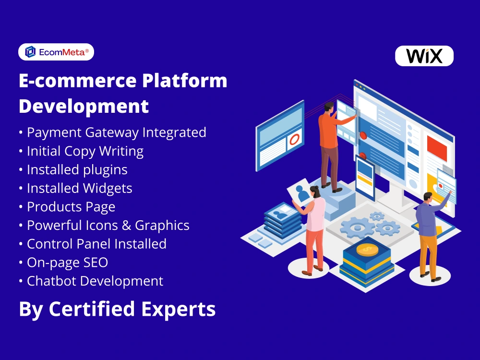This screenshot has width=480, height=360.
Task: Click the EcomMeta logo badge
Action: point(56,52)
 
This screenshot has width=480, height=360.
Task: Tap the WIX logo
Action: point(424,56)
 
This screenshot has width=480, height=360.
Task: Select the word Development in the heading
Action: point(84,106)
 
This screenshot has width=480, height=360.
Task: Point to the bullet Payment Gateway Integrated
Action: point(116,132)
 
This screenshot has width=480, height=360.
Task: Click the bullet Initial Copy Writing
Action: point(85,151)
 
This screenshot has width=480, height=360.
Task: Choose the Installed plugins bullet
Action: point(77,169)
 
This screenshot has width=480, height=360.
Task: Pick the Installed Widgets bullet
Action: point(79,188)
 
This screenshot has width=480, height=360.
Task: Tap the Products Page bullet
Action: point(71,207)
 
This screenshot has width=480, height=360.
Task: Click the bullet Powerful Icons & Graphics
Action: point(108,225)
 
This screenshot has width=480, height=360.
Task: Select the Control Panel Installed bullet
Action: point(96,244)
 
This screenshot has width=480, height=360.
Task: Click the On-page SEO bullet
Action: point(67,263)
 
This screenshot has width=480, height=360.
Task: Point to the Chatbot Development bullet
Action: point(95,281)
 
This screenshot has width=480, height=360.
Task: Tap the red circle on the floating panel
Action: point(294,140)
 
